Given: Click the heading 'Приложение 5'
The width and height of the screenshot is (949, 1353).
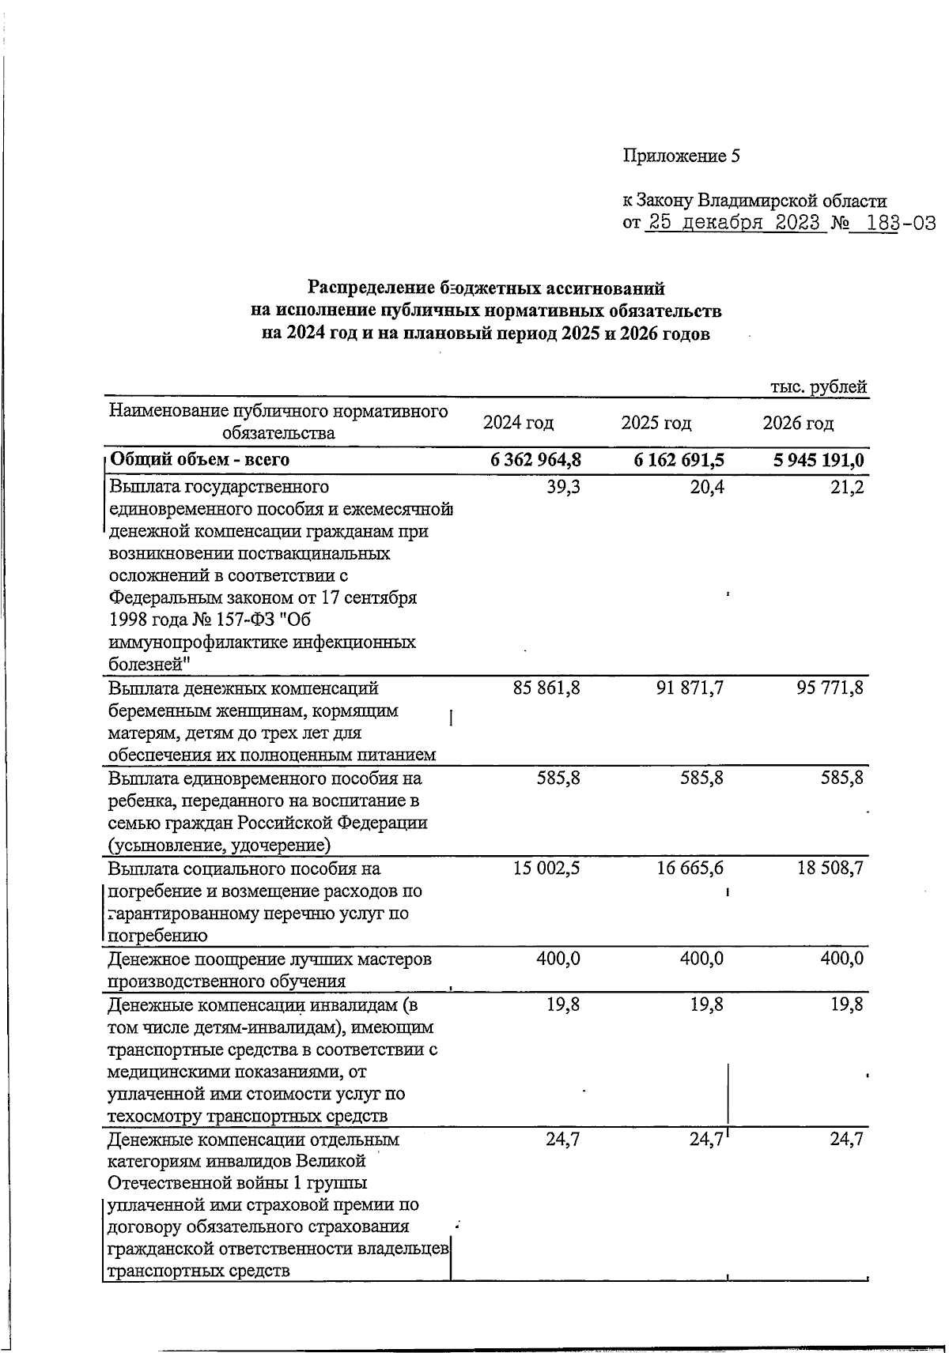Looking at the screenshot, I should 681,156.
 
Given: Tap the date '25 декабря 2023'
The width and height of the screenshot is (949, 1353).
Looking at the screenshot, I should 735,222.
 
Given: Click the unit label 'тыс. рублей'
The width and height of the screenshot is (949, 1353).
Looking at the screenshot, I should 819,386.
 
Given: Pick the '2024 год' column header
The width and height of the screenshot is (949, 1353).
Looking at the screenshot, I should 519,423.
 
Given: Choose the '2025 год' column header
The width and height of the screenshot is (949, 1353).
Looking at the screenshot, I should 656,423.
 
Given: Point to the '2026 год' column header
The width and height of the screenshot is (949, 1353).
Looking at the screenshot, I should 798,423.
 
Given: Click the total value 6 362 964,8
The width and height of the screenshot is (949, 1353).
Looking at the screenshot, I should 536,460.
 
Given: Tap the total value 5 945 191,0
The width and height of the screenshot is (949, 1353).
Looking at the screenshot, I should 819,460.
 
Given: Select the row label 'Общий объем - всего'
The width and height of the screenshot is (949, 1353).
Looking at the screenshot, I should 199,460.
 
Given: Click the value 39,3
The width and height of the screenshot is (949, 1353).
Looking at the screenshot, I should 563,487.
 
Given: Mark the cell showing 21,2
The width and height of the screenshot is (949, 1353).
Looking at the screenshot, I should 848,487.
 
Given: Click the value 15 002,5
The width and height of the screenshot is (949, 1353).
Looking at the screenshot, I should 546,869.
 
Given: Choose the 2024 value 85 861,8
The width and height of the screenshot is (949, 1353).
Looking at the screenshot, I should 546,688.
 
